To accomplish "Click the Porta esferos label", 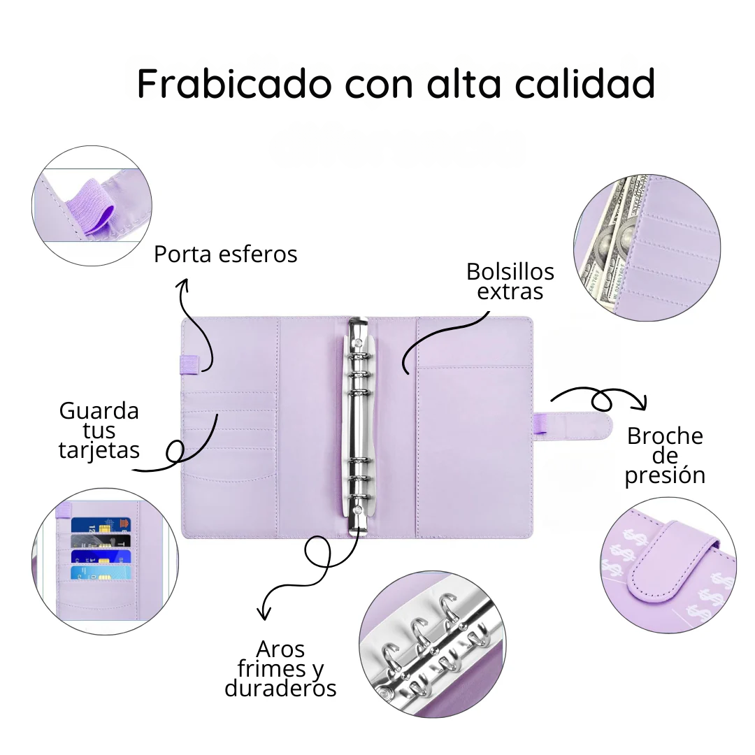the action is (225, 254).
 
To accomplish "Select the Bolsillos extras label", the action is (510, 282).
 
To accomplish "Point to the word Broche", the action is (665, 436).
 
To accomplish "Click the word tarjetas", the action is (99, 451).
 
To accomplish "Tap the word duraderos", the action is (280, 689).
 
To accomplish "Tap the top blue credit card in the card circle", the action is (101, 524).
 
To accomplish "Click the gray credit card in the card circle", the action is (101, 540).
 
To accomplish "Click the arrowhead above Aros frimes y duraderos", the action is (264, 612).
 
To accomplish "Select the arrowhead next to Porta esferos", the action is (183, 285).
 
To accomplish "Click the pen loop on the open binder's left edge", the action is (189, 364).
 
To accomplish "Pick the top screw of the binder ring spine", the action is (357, 343).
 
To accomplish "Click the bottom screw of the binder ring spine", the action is (357, 510).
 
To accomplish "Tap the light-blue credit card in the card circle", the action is (101, 573).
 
